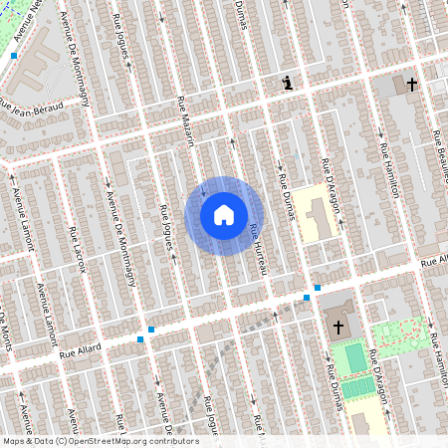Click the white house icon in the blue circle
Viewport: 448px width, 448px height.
point(224,214)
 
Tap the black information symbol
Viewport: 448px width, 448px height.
point(289,84)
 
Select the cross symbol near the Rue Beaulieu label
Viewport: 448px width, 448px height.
point(411,86)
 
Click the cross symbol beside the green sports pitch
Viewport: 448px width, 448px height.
point(337,326)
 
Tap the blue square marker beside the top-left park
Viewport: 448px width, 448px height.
point(14,57)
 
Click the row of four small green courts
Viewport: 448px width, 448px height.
point(359,385)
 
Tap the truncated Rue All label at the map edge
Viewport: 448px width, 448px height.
point(434,262)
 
